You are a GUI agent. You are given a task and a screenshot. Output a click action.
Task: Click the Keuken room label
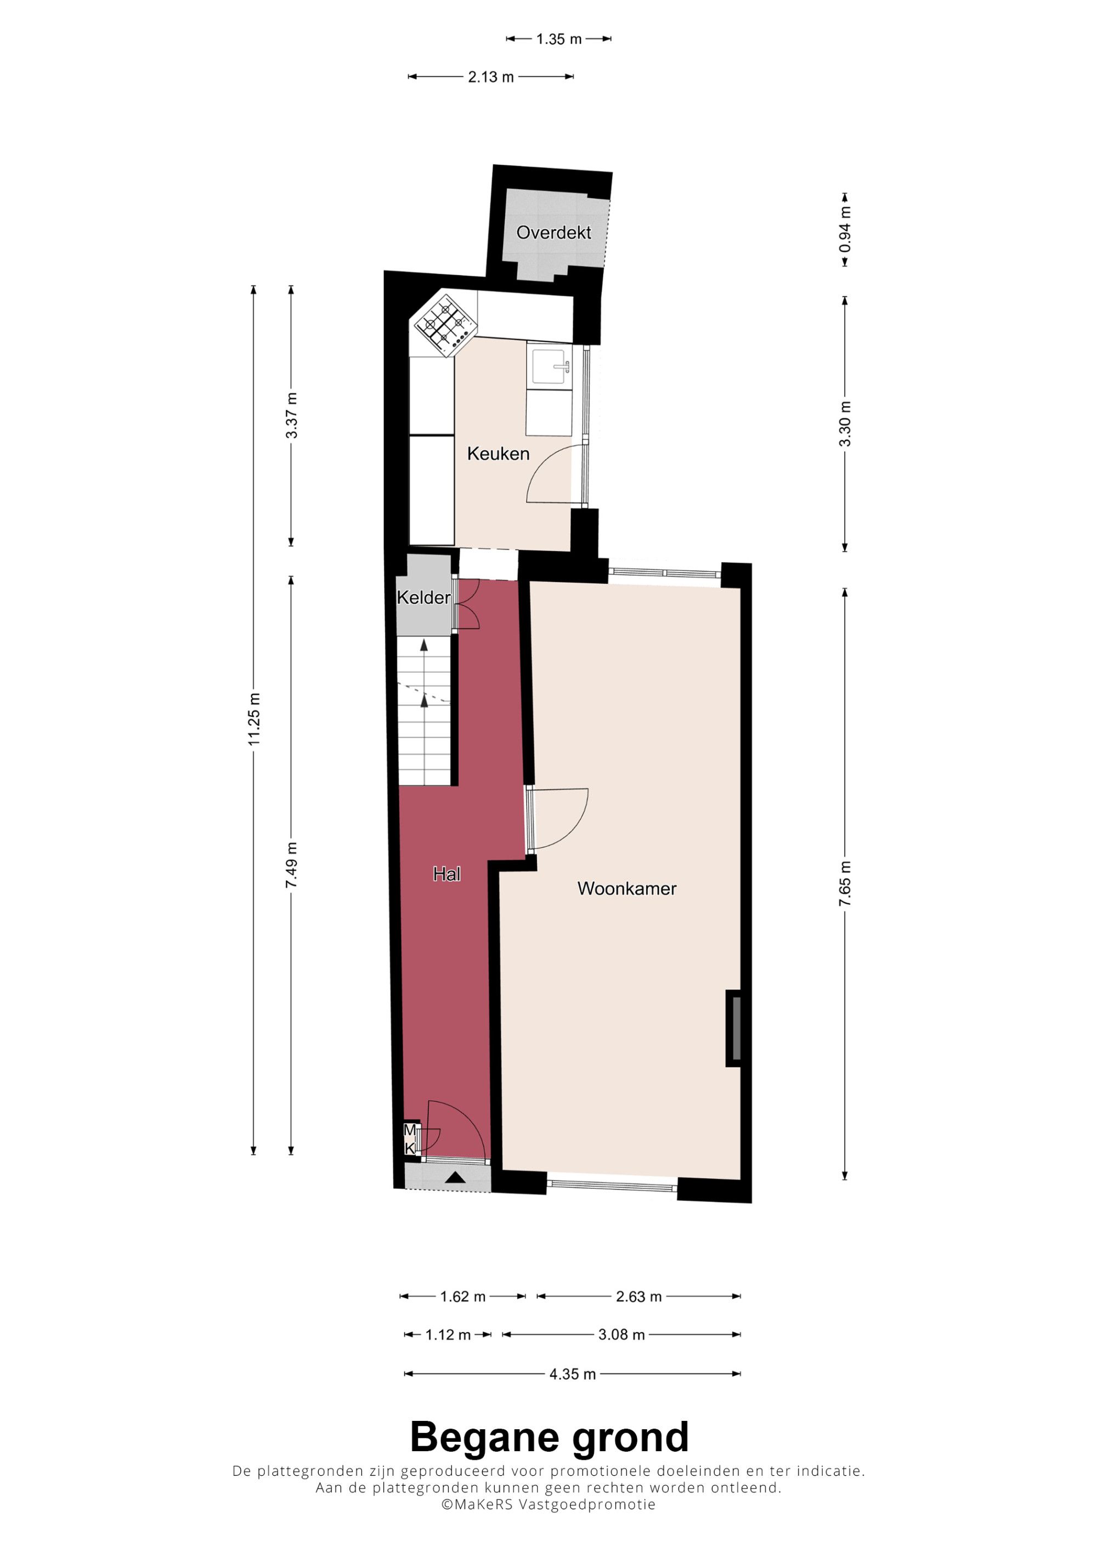(x=498, y=454)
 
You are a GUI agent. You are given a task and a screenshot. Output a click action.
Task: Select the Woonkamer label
(x=626, y=888)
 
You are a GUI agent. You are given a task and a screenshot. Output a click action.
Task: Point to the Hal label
(x=447, y=874)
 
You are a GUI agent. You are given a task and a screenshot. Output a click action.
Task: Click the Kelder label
(x=424, y=598)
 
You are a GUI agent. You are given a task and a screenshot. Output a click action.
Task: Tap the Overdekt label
(x=553, y=233)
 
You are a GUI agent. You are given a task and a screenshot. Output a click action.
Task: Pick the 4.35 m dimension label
(x=573, y=1374)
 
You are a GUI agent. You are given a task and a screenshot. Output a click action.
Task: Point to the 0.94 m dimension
(x=845, y=229)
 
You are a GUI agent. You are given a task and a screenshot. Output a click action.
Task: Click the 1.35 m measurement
(x=559, y=39)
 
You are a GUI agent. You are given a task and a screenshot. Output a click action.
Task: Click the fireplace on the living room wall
(x=734, y=1028)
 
